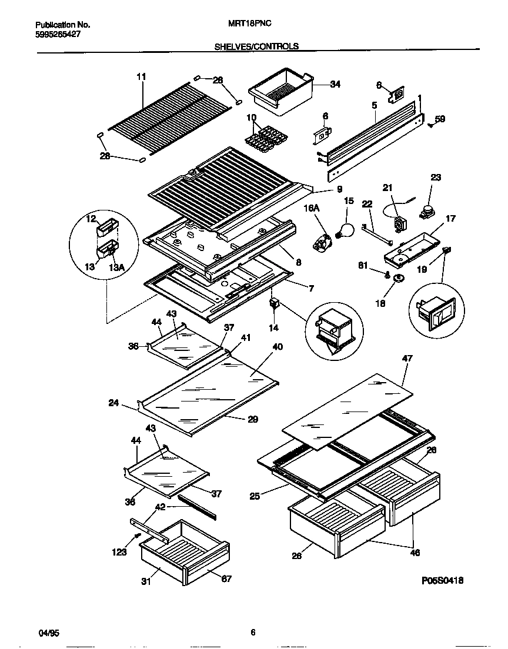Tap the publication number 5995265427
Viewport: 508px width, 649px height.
coord(58,35)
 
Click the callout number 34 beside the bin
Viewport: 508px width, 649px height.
coord(335,85)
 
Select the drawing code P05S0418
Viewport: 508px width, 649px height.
coord(443,580)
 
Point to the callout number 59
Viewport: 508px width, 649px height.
coord(440,119)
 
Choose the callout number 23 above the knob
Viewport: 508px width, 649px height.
coord(436,177)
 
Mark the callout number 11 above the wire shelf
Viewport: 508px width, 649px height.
coord(141,77)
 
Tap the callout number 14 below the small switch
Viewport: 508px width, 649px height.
coord(274,327)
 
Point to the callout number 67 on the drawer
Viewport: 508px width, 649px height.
coord(226,579)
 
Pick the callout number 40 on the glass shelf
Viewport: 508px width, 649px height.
coord(278,347)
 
